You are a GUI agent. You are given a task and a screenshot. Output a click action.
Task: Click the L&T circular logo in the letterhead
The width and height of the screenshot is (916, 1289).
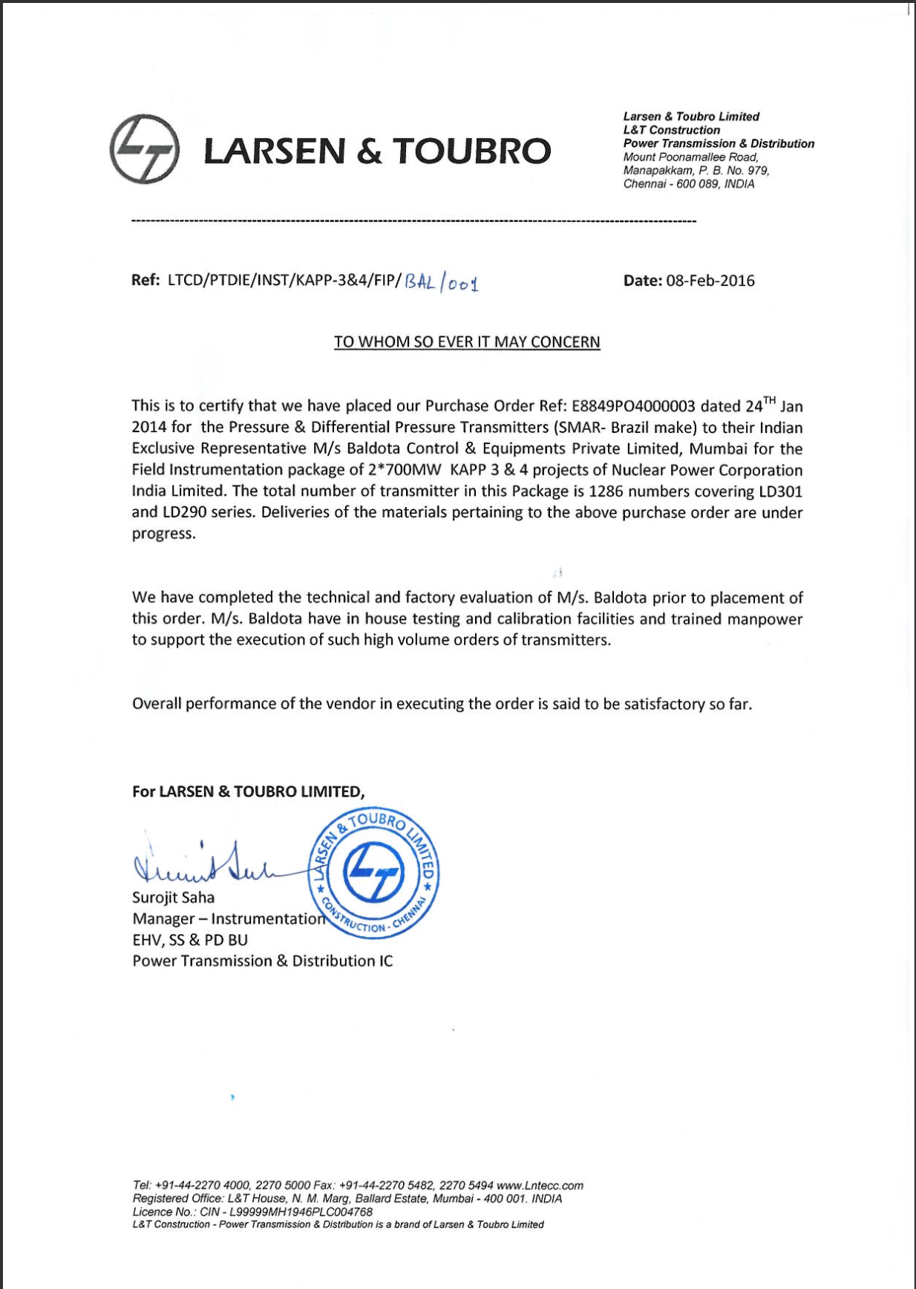click(144, 149)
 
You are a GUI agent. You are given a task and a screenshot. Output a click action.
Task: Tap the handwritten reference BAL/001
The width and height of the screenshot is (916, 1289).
click(442, 282)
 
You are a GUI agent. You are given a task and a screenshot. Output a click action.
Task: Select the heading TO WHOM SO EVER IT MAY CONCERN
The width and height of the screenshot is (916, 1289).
click(467, 342)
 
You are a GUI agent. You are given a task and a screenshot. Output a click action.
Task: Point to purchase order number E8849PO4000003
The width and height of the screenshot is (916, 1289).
click(633, 406)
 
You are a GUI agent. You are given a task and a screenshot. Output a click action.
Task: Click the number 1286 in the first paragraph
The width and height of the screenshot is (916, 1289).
click(605, 492)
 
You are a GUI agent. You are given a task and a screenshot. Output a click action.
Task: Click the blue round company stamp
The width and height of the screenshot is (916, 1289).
click(376, 873)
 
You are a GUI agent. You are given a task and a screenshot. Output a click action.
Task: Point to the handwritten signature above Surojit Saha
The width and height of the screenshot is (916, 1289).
click(204, 864)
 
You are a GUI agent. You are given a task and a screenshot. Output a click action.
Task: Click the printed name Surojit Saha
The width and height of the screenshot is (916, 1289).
click(173, 898)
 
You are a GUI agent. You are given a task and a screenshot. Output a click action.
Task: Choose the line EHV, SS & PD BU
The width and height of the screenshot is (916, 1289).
click(190, 940)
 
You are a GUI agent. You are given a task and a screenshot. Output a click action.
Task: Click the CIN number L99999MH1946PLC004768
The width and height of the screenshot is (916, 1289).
click(301, 1212)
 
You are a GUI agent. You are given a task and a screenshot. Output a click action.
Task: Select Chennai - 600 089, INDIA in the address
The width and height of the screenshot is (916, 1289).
click(688, 184)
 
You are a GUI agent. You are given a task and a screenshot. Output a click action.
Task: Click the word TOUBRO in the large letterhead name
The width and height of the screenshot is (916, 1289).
click(471, 151)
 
